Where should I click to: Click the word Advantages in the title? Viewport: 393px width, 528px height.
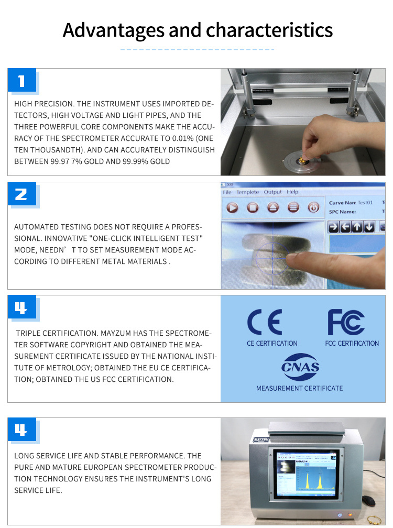114,30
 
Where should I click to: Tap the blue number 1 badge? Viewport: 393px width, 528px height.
22,80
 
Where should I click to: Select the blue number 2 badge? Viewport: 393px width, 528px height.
22,194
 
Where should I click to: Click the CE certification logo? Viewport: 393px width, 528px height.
265,322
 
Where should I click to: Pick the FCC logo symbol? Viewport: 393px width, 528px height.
346,322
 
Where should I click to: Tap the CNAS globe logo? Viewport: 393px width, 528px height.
300,367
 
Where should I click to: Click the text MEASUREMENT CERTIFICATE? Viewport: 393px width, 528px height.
299,388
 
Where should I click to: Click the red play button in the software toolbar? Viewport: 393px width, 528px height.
232,207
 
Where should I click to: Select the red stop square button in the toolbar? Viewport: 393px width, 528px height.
253,207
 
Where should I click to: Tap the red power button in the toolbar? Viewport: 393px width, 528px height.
313,207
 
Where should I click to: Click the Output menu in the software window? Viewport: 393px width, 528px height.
272,192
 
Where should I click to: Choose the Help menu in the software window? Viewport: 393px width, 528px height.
292,192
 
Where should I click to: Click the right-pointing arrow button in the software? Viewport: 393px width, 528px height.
333,227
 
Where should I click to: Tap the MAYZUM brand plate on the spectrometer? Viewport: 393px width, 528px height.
261,439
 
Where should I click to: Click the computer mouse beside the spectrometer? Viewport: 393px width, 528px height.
369,501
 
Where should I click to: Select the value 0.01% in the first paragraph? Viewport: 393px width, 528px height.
182,138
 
